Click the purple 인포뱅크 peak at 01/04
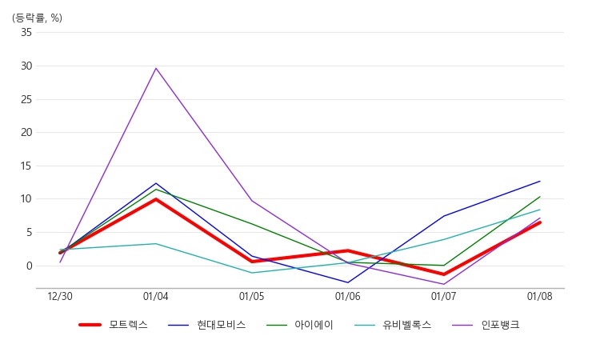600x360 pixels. (156, 68)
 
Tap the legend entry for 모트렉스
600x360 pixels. (114, 325)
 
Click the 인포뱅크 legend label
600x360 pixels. (500, 325)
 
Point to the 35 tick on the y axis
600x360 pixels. (26, 33)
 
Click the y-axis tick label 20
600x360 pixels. (26, 132)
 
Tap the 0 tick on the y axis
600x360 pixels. (30, 266)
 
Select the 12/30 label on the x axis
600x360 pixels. (60, 297)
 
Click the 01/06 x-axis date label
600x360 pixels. (348, 297)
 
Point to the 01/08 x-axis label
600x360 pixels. (540, 297)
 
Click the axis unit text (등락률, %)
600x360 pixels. (37, 18)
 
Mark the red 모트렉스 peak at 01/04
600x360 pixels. (156, 199)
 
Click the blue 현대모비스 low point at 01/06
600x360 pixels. (348, 282)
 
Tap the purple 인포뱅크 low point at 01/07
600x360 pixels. (444, 284)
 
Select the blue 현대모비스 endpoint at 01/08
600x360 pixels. (540, 181)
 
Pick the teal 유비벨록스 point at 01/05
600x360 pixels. (252, 273)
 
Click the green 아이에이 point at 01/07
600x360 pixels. (444, 265)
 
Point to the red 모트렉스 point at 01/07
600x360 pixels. (444, 274)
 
